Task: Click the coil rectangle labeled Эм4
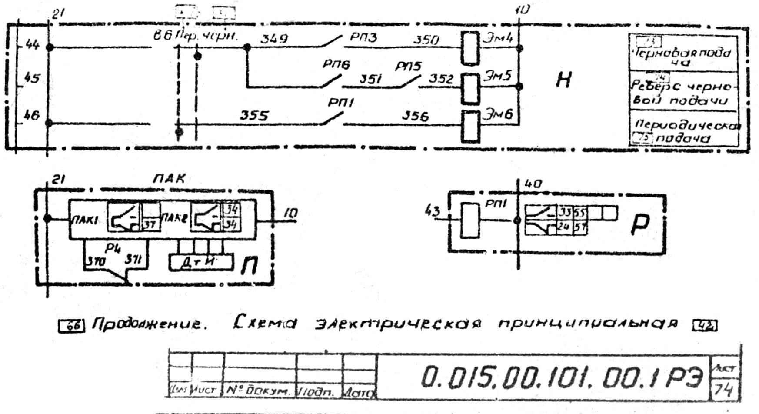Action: pos(470,48)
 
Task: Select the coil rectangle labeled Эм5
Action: pos(470,88)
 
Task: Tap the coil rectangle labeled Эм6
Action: pos(470,126)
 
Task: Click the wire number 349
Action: pos(274,39)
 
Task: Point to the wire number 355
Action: pos(254,116)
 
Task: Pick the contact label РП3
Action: pos(363,37)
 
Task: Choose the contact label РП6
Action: pos(336,65)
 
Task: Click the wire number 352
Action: pos(441,79)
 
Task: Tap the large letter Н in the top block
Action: pos(563,80)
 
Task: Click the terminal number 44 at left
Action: pos(32,44)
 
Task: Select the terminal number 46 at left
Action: pos(32,115)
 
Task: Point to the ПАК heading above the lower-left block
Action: pos(169,178)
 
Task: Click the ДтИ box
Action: pos(199,263)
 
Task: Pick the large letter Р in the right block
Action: pos(640,224)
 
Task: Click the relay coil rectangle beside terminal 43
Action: pos(469,221)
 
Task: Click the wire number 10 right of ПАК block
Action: pos(290,213)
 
